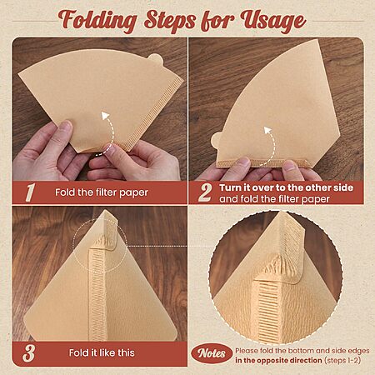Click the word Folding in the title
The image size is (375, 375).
(97, 22)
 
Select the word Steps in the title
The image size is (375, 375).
(169, 20)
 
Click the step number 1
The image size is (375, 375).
(30, 192)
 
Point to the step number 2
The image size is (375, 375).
(205, 192)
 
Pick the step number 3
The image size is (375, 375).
(29, 353)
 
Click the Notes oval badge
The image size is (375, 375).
(212, 353)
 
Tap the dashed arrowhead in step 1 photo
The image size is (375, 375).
(105, 116)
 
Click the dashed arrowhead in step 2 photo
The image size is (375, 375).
(267, 131)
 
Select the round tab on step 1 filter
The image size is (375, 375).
(155, 59)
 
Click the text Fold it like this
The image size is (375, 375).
(102, 352)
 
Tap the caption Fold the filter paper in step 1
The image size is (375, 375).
(102, 192)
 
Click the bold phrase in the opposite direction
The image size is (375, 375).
(278, 360)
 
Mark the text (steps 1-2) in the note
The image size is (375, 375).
(342, 360)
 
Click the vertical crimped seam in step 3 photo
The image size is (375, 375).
(97, 294)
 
